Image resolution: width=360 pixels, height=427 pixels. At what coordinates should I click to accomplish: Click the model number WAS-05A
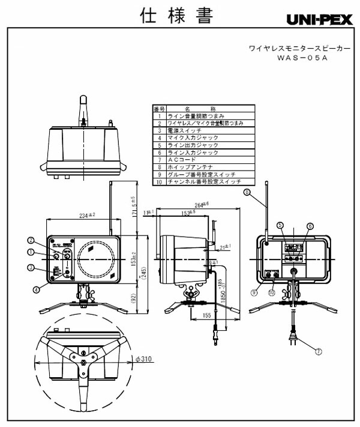click(x=301, y=58)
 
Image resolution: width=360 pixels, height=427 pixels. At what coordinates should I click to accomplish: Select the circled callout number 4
click(x=35, y=289)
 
